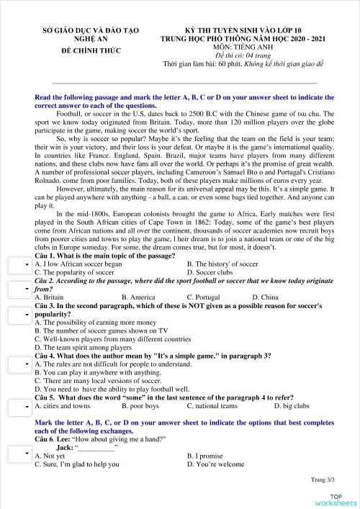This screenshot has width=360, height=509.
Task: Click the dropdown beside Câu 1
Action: click(17, 266)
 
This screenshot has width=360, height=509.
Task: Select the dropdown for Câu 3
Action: click(17, 315)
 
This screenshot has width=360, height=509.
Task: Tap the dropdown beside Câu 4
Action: click(17, 364)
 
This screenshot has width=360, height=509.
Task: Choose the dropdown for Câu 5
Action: click(17, 406)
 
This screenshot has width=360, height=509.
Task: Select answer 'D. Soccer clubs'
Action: click(210, 273)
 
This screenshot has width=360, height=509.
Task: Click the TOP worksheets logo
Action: click(336, 499)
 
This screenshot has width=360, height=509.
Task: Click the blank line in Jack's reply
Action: click(96, 447)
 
